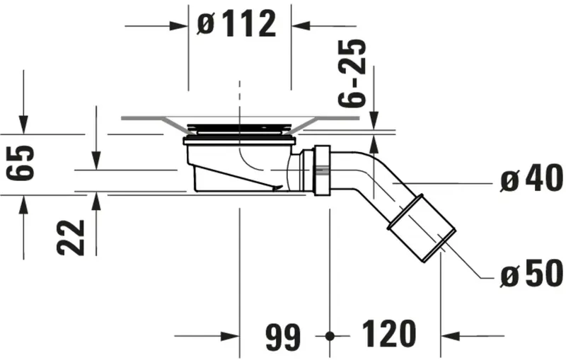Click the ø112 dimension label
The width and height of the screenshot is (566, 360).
pyautogui.click(x=236, y=25)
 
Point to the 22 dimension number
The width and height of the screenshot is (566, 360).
pyautogui.click(x=72, y=237)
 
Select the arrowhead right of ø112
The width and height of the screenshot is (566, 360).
pyautogui.click(x=301, y=25)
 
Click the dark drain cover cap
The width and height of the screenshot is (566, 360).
pyautogui.click(x=238, y=127)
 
